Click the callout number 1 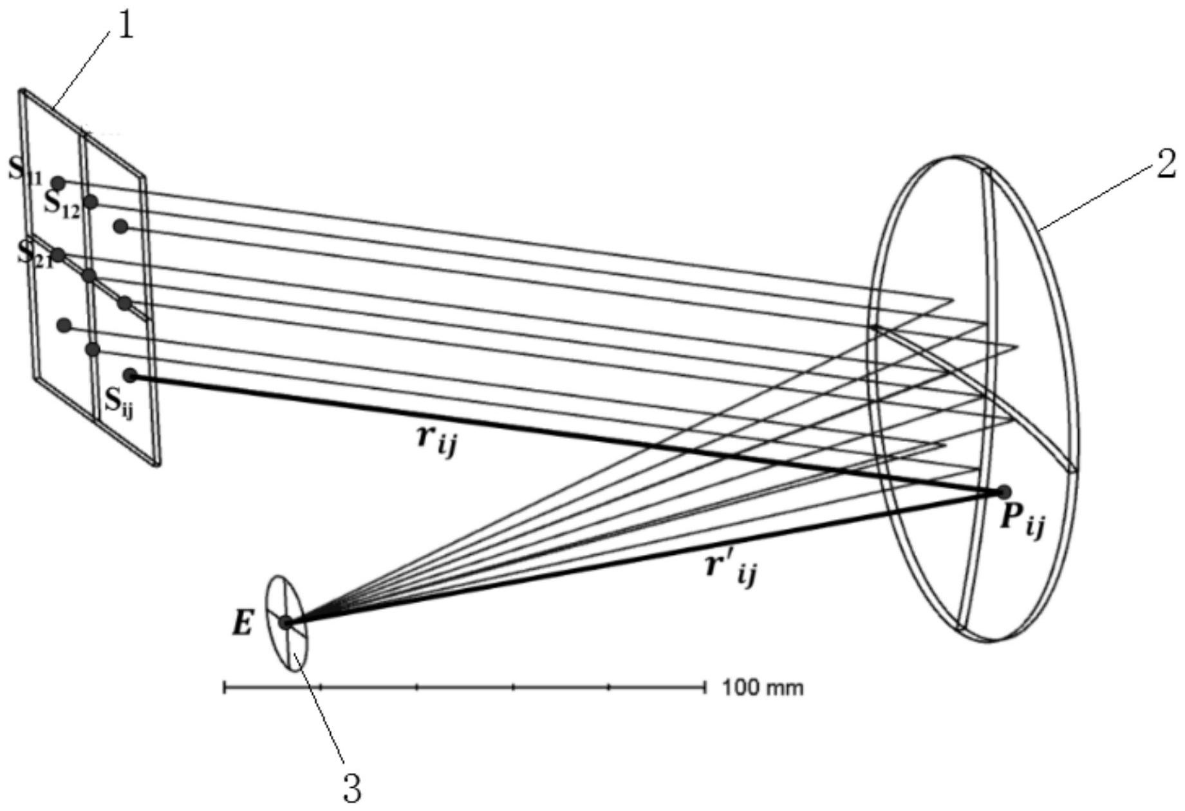click(x=125, y=25)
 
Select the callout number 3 click(x=352, y=787)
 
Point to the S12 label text click(x=62, y=205)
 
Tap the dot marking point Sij click(x=131, y=376)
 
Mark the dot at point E click(x=286, y=622)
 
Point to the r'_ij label click(x=731, y=568)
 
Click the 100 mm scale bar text click(x=763, y=688)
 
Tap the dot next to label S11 click(x=59, y=183)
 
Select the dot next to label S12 click(x=91, y=202)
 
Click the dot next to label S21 click(x=58, y=255)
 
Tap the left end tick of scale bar click(x=224, y=688)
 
